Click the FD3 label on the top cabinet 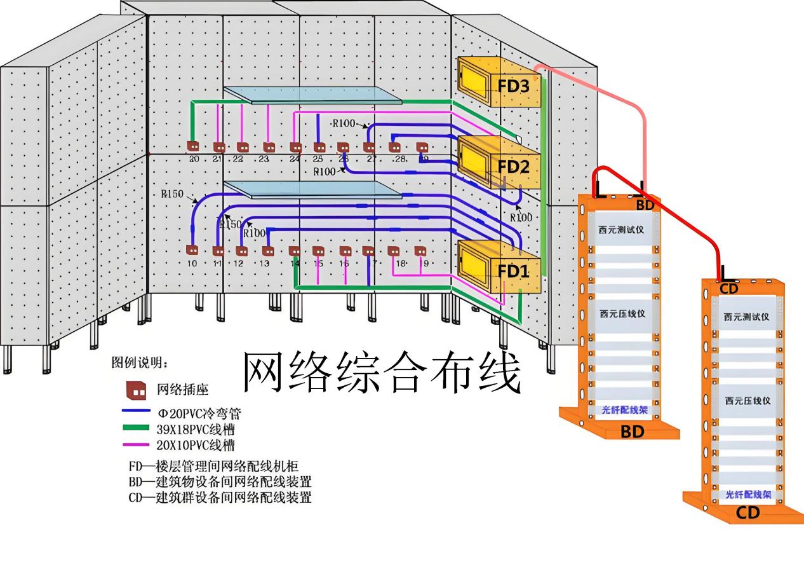click(513, 86)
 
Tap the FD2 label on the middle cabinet click(513, 167)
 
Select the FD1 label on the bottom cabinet click(513, 271)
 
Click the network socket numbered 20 click(193, 146)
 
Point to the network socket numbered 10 click(192, 250)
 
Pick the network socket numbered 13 click(267, 250)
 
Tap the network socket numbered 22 click(242, 147)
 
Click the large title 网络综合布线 click(382, 372)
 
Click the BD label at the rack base click(632, 432)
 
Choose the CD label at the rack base click(748, 513)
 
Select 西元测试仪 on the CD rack click(746, 317)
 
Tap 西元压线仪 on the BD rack click(622, 313)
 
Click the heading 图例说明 click(140, 364)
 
